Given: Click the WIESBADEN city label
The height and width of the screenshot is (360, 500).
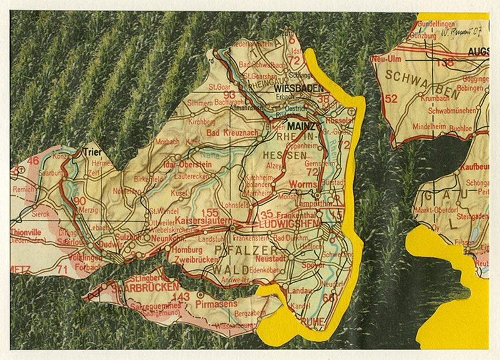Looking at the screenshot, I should pyautogui.click(x=295, y=89).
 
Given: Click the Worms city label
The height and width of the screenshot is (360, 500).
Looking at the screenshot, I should pyautogui.click(x=304, y=184).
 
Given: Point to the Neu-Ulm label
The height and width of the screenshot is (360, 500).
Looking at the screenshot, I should pyautogui.click(x=386, y=57).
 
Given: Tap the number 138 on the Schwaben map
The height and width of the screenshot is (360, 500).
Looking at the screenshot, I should pyautogui.click(x=445, y=62).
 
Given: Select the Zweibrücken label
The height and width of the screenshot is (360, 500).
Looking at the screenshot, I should pyautogui.click(x=187, y=257).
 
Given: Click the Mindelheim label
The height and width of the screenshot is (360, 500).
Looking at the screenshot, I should pyautogui.click(x=427, y=125).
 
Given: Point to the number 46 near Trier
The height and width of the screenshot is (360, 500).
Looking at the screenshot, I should pyautogui.click(x=32, y=161).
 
